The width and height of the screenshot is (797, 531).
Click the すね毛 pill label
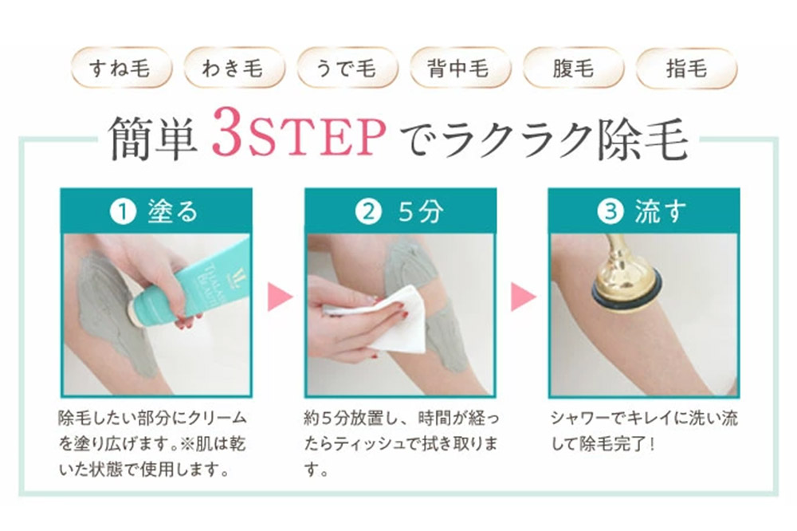(x=121, y=68)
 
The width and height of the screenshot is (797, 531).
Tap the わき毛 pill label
(x=234, y=68)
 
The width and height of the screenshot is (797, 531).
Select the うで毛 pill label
(x=347, y=68)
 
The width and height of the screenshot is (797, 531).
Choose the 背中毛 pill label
(x=460, y=68)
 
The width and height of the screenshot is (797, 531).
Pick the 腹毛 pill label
(x=573, y=68)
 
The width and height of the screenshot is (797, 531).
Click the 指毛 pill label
(x=686, y=68)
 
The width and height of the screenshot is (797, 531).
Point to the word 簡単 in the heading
(x=152, y=137)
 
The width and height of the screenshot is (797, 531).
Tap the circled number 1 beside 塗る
(x=123, y=211)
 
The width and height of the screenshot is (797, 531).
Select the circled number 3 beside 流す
(x=611, y=211)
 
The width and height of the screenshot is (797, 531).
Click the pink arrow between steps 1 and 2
(x=280, y=297)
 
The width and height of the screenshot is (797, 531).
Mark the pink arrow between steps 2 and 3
(x=524, y=297)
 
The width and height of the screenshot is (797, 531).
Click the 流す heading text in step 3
(x=660, y=211)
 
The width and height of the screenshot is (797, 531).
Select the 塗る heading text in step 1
(x=172, y=211)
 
